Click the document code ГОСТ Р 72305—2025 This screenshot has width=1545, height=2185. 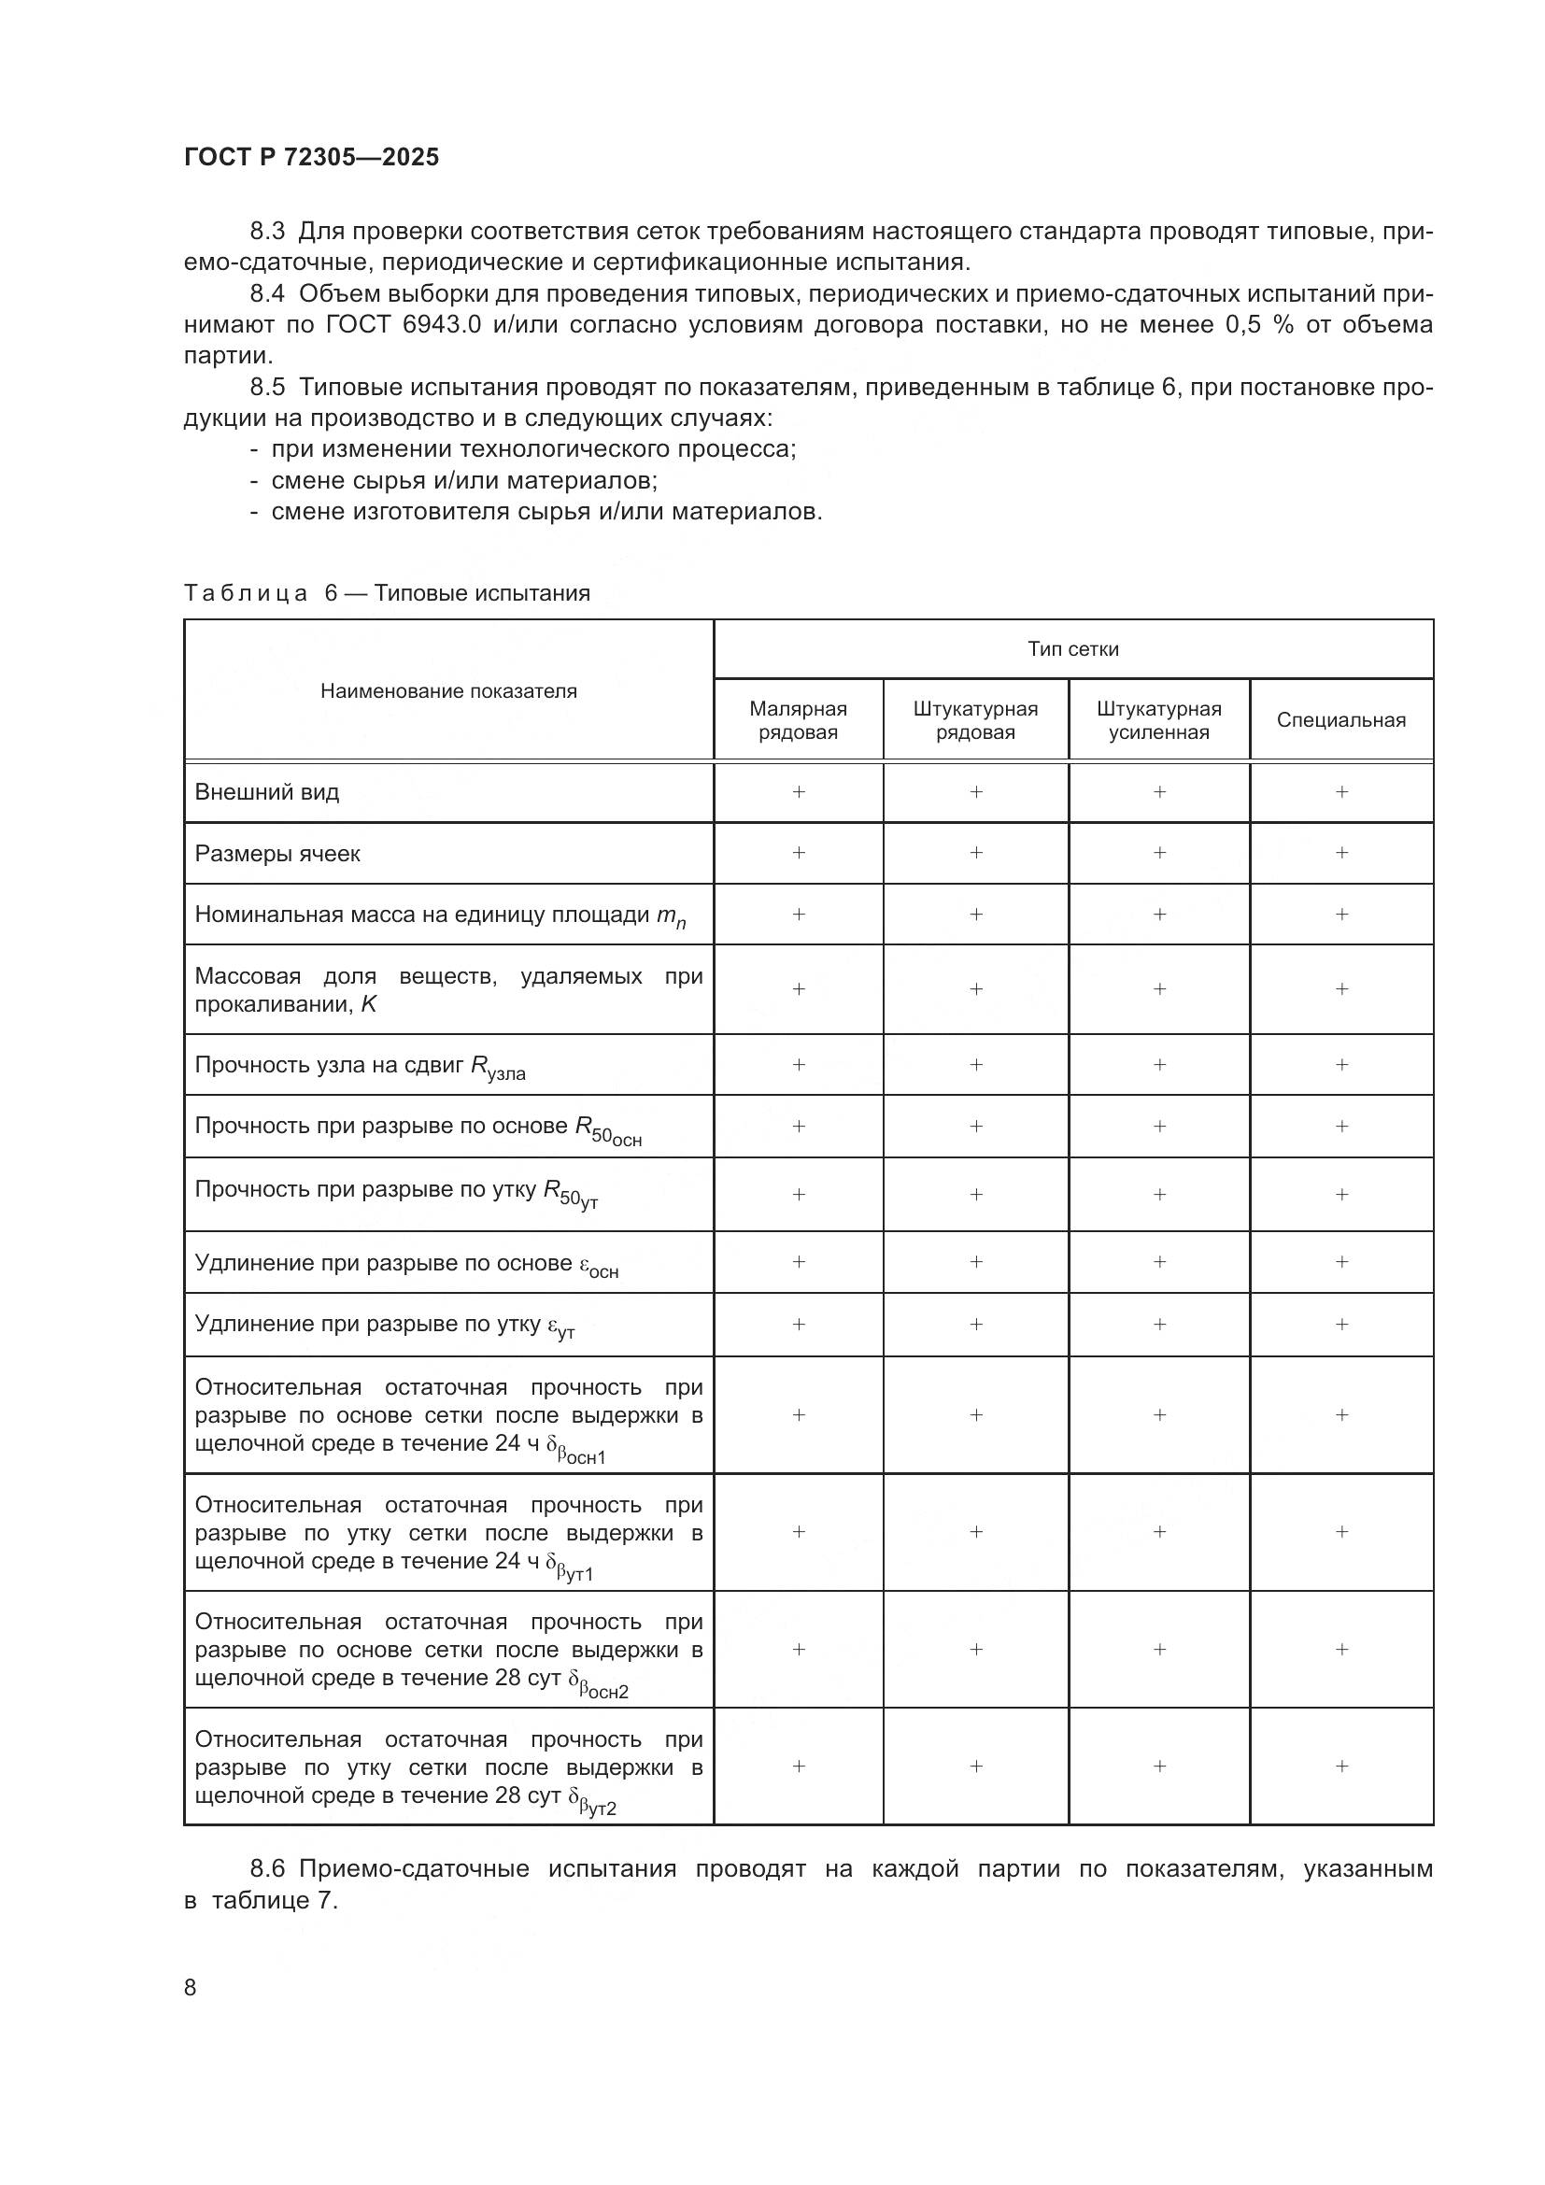point(311,157)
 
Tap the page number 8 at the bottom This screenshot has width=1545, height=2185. point(191,1987)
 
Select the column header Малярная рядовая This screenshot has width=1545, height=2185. point(797,720)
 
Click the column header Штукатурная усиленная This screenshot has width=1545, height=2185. point(1157,720)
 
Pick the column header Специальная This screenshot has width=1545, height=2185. point(1340,720)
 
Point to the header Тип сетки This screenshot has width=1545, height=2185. point(1072,649)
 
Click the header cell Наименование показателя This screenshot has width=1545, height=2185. point(448,691)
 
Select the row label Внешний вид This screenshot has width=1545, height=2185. point(266,792)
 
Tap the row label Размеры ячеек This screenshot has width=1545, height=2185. point(276,854)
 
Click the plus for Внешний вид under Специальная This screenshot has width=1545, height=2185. point(1341,792)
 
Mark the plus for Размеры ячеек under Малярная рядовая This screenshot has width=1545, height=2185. point(798,853)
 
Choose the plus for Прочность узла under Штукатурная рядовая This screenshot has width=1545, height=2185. point(975,1065)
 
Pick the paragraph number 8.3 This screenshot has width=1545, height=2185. point(267,232)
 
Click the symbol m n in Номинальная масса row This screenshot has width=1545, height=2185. point(671,916)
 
